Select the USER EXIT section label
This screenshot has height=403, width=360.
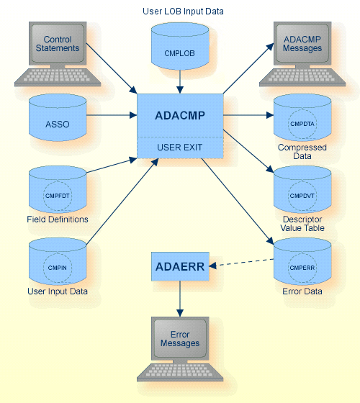click(180, 148)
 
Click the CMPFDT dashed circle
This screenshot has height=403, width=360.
click(58, 191)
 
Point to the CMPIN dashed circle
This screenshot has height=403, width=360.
click(58, 266)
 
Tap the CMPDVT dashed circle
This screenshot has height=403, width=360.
click(302, 195)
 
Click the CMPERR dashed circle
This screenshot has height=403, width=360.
click(302, 267)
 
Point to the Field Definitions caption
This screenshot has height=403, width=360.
click(58, 219)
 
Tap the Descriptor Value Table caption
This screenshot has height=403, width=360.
click(302, 223)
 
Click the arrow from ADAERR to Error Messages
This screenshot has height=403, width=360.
click(180, 297)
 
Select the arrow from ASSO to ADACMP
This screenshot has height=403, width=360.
click(112, 115)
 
